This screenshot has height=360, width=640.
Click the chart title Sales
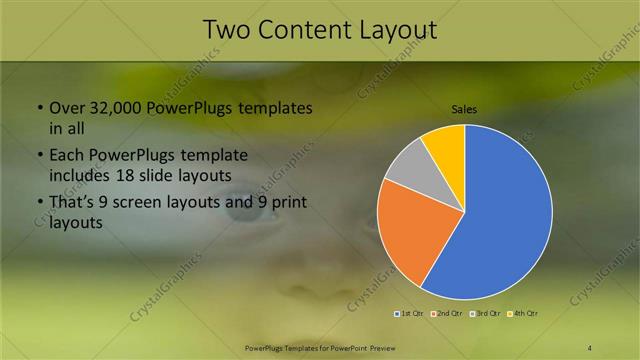coord(464,108)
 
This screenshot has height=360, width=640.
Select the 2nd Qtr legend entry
coord(444,314)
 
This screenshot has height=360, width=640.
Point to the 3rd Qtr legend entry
coord(486,314)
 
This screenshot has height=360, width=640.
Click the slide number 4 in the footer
coord(590,347)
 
